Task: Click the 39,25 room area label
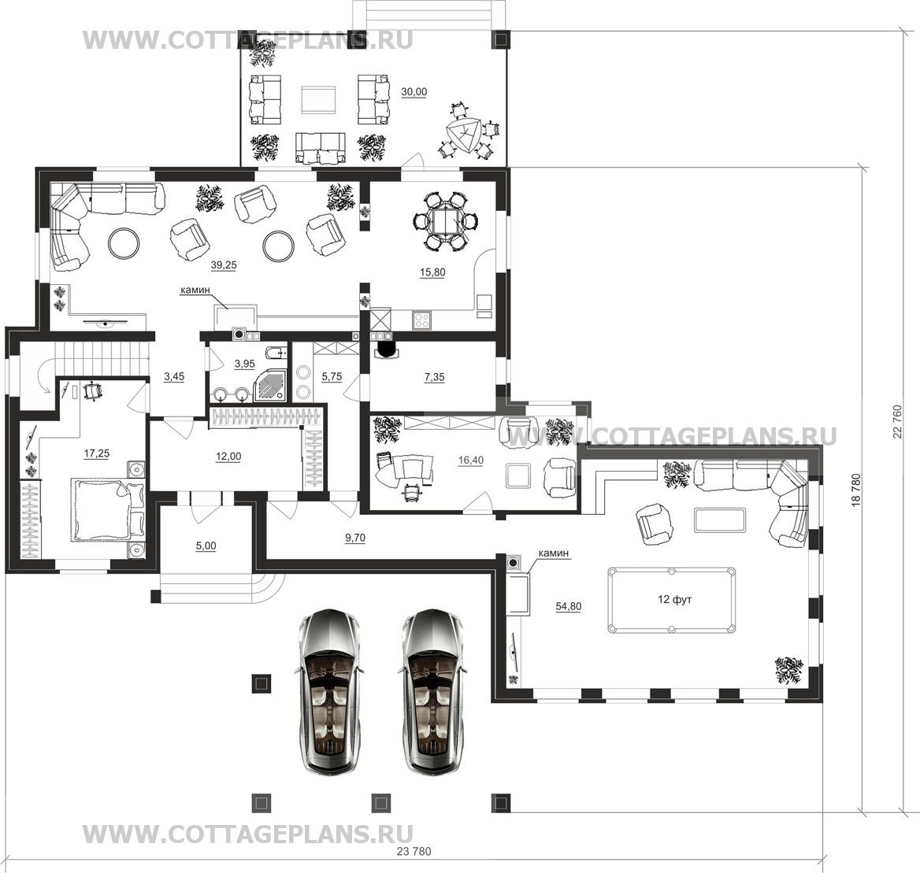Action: pos(224,265)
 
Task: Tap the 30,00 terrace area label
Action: pos(414,92)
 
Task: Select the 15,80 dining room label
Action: pos(432,272)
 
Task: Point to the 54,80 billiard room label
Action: pos(569,606)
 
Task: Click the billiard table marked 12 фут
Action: pos(672,600)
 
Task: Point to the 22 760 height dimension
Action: pos(897,422)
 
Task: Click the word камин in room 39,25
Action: pos(195,290)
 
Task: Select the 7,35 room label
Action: pos(434,378)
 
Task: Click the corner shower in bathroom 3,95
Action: pos(270,385)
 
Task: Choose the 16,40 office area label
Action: pos(470,461)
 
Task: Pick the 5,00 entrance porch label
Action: pos(206,546)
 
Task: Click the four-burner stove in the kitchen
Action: pos(422,320)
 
